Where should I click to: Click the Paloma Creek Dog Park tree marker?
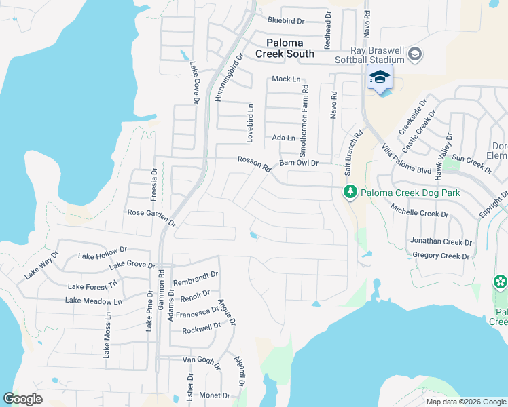coord(350,193)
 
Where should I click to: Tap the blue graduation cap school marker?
coord(380,77)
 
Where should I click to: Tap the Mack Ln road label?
coord(286,79)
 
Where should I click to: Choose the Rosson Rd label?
coord(254,165)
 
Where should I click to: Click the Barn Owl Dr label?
coord(299,163)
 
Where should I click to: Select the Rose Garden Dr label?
coord(151,217)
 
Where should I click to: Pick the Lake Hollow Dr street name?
coord(103,253)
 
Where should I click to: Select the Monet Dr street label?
coord(215,395)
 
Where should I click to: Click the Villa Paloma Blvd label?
coord(407,159)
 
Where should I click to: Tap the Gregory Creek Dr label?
coord(441,256)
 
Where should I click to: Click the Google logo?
coord(23,399)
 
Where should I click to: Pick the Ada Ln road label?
coord(284,138)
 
